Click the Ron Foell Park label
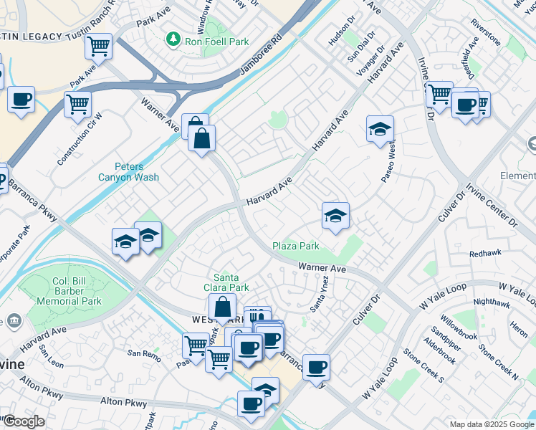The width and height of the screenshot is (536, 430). [x=217, y=42]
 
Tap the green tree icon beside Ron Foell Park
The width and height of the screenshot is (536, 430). [x=173, y=37]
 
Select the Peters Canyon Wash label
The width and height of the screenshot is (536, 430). [x=128, y=172]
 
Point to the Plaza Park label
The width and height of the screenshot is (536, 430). [x=296, y=246]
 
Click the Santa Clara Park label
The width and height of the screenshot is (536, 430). [x=231, y=282]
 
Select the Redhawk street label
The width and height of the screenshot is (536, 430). [x=485, y=254]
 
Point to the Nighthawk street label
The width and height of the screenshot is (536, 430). [x=492, y=302]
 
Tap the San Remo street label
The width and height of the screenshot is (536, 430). [x=144, y=353]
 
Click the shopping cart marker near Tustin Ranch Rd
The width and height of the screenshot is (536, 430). [x=98, y=47]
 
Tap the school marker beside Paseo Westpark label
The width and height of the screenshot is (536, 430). [x=380, y=129]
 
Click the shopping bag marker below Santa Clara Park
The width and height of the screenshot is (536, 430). [x=222, y=307]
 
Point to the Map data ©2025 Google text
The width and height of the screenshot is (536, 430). [x=491, y=424]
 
